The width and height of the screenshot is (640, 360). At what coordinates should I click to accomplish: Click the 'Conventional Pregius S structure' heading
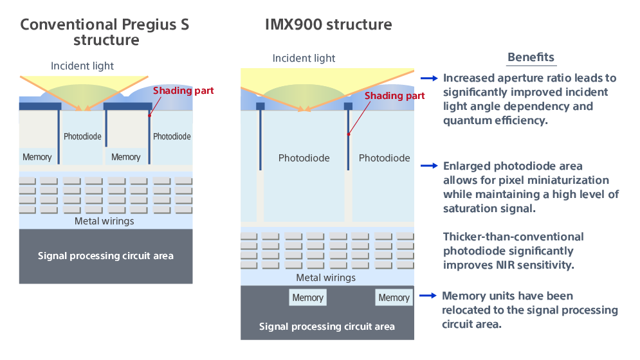(x=105, y=32)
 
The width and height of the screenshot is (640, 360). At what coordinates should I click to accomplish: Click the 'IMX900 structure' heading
(x=328, y=25)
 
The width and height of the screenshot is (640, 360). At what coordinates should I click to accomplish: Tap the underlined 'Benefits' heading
(x=531, y=57)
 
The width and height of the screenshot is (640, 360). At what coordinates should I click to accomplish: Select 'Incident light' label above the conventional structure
(x=82, y=66)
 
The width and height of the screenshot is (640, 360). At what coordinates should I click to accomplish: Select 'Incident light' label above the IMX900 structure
(x=304, y=59)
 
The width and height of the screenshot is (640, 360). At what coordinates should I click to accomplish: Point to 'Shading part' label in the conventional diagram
(x=183, y=91)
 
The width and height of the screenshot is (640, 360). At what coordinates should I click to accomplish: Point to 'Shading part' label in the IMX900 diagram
(x=394, y=96)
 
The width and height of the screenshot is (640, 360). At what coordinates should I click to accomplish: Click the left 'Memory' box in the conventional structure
(x=37, y=157)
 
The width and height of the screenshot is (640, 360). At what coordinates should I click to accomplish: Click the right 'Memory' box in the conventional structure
(x=125, y=157)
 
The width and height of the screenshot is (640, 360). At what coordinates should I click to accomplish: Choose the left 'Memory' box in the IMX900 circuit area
(x=307, y=298)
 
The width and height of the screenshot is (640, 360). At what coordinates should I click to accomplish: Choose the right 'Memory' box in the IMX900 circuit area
(x=394, y=298)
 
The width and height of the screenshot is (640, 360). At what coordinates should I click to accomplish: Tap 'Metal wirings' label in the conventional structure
(x=104, y=221)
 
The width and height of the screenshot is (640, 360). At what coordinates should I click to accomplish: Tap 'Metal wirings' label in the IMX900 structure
(x=325, y=278)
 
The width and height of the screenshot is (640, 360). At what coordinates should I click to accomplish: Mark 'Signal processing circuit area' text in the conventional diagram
(x=105, y=256)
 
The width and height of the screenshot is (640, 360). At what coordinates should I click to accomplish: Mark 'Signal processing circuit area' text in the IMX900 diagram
(x=327, y=327)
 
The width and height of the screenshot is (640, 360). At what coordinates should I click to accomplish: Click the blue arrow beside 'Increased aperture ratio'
(x=429, y=78)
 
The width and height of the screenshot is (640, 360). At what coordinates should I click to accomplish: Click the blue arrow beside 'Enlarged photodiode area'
(x=429, y=166)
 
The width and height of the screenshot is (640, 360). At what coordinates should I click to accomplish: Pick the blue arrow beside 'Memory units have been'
(x=428, y=296)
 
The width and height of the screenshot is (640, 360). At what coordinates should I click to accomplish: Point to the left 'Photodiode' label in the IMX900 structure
(x=304, y=158)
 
